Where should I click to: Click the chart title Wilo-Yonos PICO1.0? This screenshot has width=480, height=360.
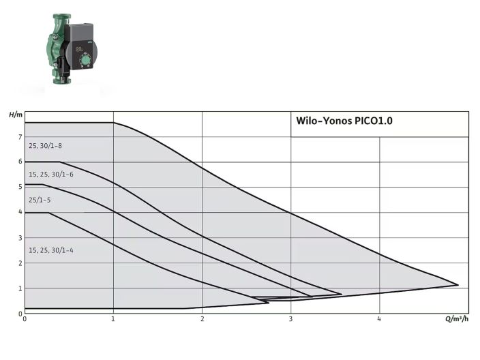344,121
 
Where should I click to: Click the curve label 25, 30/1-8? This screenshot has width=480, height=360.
46,146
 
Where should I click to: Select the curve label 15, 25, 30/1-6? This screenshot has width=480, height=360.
51,175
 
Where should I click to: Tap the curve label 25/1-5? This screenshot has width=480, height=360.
40,200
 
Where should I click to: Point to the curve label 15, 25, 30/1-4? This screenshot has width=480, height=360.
51,251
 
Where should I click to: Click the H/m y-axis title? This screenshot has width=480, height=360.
16,114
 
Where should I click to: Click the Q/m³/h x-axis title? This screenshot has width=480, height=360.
457,319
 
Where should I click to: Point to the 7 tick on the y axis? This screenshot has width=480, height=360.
20,137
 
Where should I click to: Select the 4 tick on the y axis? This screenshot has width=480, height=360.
20,213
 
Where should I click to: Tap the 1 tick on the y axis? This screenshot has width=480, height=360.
20,288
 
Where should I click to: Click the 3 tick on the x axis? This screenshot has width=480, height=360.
291,319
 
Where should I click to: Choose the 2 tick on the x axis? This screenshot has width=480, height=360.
202,319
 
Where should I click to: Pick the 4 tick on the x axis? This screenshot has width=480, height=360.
380,319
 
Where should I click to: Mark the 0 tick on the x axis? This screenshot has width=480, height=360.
25,319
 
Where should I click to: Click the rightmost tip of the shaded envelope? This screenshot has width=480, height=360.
457,285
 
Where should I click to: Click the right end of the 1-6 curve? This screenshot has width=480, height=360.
341,294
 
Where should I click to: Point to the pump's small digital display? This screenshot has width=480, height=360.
80,49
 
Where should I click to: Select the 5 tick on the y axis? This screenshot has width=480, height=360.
20,187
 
